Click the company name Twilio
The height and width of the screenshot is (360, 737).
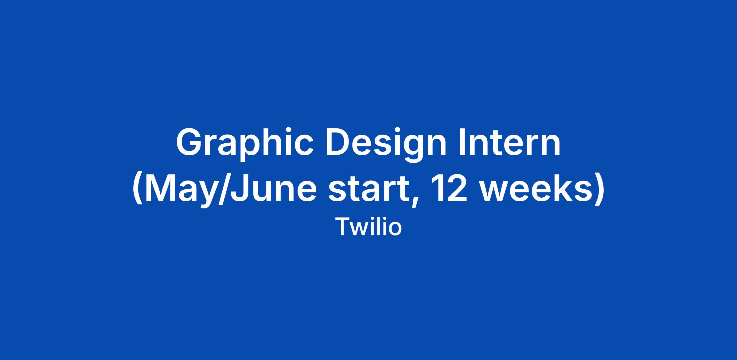(368, 226)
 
